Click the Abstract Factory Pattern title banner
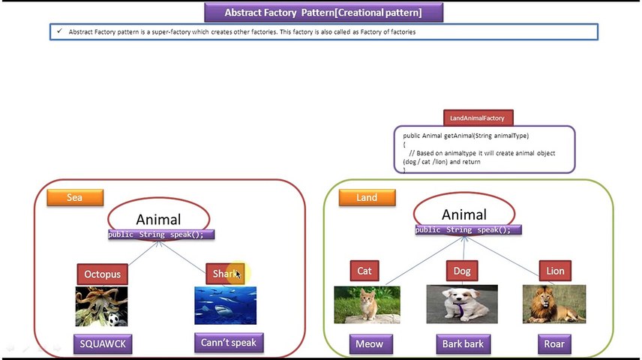pyautogui.click(x=323, y=13)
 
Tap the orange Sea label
pyautogui.click(x=74, y=197)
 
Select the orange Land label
pyautogui.click(x=367, y=197)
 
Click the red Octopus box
pyautogui.click(x=102, y=274)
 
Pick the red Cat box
pyautogui.click(x=364, y=271)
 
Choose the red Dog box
pyautogui.click(x=462, y=271)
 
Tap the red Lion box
pyautogui.click(x=555, y=271)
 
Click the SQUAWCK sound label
pyautogui.click(x=103, y=344)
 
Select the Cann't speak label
pyautogui.click(x=228, y=343)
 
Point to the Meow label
pyautogui.click(x=368, y=344)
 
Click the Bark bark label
pyautogui.click(x=462, y=344)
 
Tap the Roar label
pyautogui.click(x=554, y=344)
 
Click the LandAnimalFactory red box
pyautogui.click(x=477, y=118)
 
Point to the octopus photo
pyautogui.click(x=101, y=306)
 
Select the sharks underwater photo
pyautogui.click(x=225, y=305)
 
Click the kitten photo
pyautogui.click(x=367, y=304)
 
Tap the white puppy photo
pyautogui.click(x=461, y=304)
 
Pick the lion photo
pyautogui.click(x=554, y=304)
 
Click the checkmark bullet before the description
pyautogui.click(x=58, y=31)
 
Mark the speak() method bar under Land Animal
pyautogui.click(x=463, y=229)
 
